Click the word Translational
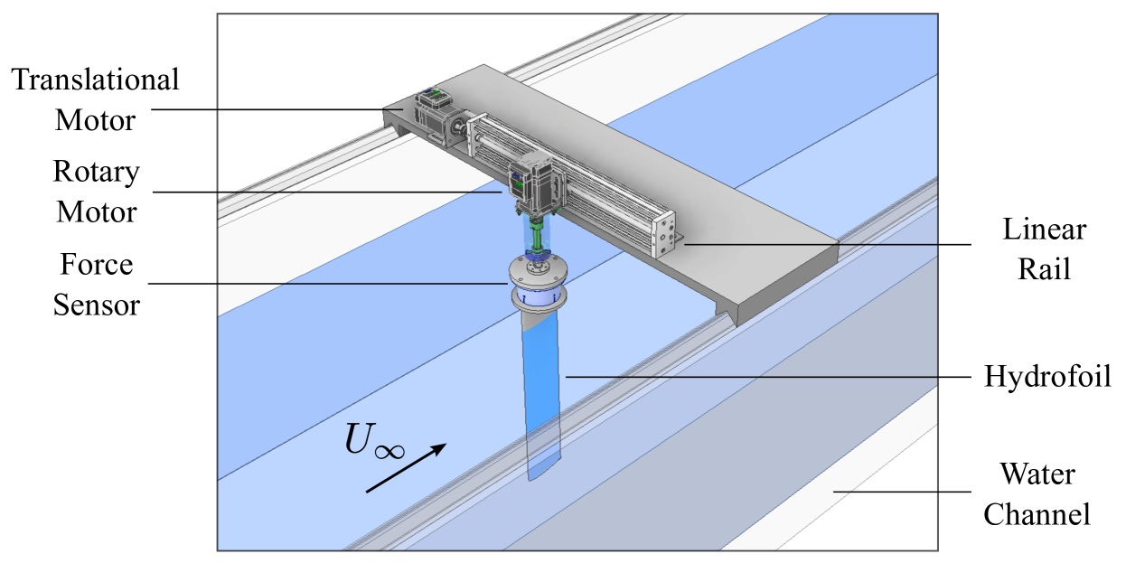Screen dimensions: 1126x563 click(x=95, y=80)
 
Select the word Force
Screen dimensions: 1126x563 click(x=97, y=265)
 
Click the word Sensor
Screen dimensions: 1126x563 click(x=97, y=305)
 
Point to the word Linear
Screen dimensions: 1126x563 click(x=1045, y=230)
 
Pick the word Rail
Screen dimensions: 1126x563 click(x=1044, y=269)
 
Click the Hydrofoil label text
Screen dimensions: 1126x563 click(x=1047, y=376)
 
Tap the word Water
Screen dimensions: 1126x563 click(x=1038, y=474)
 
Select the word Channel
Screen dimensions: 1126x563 click(x=1037, y=514)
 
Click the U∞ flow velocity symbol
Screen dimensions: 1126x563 click(x=374, y=441)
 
